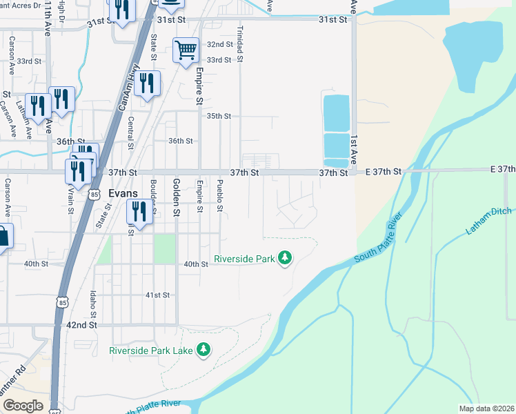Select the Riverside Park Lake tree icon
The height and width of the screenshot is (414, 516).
coord(203,351)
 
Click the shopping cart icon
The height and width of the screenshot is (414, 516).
coord(186,50)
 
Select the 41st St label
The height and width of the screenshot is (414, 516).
coord(157,295)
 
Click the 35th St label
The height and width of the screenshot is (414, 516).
coord(219,116)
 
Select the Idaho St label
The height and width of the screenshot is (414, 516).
coord(92,304)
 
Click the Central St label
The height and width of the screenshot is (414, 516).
coord(131,132)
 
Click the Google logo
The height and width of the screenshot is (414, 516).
coord(23,405)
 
